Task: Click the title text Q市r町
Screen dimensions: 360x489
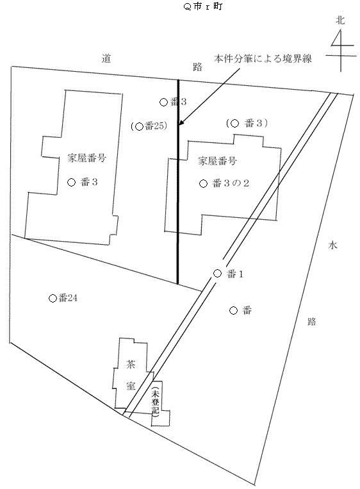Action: click(x=203, y=6)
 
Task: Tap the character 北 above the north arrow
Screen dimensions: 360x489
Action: click(x=340, y=21)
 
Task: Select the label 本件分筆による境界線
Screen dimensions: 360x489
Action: click(x=263, y=58)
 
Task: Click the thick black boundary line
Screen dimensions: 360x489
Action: click(x=177, y=182)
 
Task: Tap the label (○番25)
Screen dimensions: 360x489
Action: click(x=149, y=126)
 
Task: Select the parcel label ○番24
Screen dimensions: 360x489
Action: click(x=63, y=298)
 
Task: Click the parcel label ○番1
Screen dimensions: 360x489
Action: click(x=228, y=274)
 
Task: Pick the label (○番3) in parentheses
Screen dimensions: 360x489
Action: click(x=247, y=123)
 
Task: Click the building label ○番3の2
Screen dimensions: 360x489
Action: click(x=224, y=183)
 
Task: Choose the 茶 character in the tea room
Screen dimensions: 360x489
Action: click(x=131, y=364)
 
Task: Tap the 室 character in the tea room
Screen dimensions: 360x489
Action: click(x=131, y=386)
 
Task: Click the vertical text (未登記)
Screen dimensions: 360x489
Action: click(x=155, y=402)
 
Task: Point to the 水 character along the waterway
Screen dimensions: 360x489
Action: click(x=332, y=245)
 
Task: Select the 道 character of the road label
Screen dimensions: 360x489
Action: click(x=106, y=58)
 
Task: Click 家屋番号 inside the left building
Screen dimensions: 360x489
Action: click(x=86, y=158)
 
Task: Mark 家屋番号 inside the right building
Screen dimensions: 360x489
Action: click(x=217, y=161)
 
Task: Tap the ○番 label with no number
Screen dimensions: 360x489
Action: click(x=240, y=310)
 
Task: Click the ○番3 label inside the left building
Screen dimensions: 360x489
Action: click(x=83, y=182)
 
